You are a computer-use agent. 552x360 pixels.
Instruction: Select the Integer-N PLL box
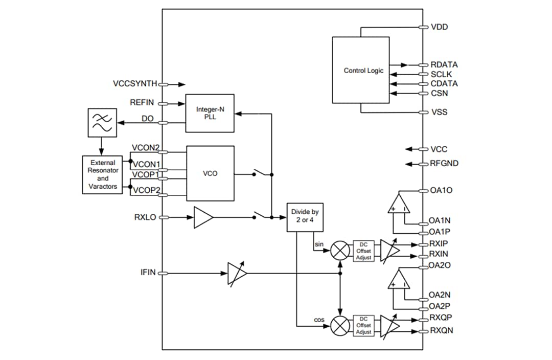tap(210, 113)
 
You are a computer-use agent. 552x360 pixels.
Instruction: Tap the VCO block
tap(210, 173)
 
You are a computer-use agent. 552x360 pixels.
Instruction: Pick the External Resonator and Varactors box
tap(103, 175)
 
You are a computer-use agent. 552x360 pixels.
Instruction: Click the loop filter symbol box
tap(101, 122)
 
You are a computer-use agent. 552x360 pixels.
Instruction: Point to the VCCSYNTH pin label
tap(135, 83)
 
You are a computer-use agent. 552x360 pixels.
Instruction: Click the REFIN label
tap(142, 103)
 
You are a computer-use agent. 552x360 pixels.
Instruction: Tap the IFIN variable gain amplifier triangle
tap(237, 273)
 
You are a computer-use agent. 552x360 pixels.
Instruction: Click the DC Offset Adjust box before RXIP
tap(363, 251)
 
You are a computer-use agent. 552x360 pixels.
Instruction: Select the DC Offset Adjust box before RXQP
tap(363, 325)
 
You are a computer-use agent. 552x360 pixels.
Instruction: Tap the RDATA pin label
tap(444, 65)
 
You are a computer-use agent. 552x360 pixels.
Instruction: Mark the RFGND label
tap(444, 164)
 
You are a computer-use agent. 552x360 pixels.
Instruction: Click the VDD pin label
tap(439, 27)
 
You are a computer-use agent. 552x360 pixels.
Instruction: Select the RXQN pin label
tap(441, 331)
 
